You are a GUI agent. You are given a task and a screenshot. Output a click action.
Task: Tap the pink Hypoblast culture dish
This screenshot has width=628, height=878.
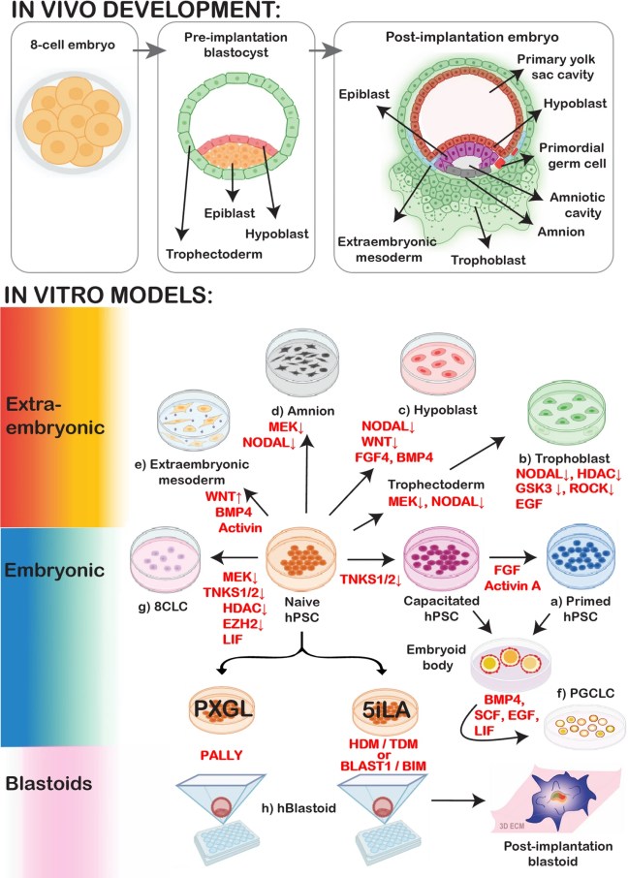[442, 362]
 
